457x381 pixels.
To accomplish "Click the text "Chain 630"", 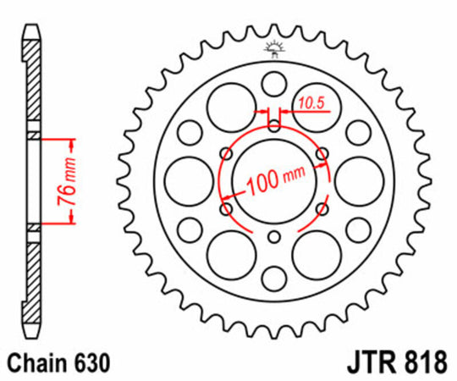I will (58, 363).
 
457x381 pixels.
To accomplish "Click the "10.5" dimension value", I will (311, 103).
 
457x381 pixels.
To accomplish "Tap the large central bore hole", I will (273, 180).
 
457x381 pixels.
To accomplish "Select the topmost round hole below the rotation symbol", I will (273, 83).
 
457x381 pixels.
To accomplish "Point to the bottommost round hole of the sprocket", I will (273, 278).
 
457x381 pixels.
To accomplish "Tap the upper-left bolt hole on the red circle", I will (225, 153).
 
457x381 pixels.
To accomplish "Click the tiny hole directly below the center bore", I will (273, 238).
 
